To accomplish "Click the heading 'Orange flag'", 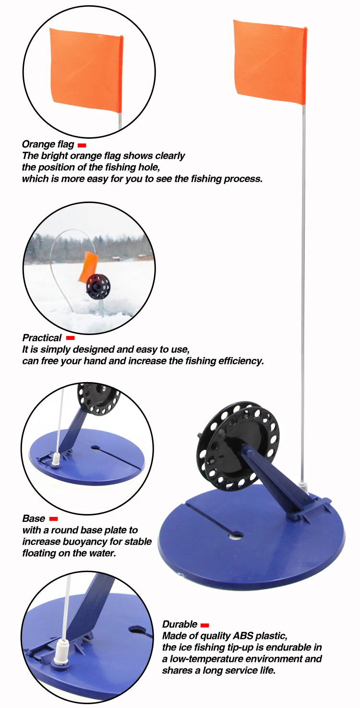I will (48, 144).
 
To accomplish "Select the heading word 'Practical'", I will (42, 338).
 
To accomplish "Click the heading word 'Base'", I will (34, 519).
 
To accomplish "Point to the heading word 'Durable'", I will (180, 624).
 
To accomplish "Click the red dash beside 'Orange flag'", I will (82, 145).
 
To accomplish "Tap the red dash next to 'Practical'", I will (70, 338).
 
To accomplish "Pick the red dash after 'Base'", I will (53, 519).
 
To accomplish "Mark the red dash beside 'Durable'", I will (204, 625).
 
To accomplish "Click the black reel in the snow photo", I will (98, 287).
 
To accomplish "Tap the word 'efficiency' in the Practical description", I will (239, 361).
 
